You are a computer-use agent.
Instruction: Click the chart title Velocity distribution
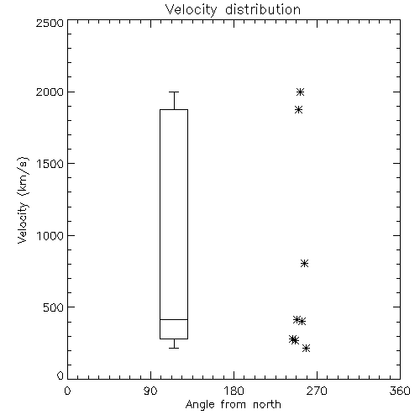[233, 9]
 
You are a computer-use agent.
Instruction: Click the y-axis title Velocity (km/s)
[23, 200]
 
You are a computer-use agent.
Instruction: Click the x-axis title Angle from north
[233, 405]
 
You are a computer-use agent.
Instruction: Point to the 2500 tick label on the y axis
[50, 23]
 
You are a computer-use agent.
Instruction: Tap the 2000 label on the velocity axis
[50, 92]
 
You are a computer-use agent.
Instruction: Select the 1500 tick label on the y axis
[50, 164]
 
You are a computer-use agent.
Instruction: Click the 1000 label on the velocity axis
[50, 236]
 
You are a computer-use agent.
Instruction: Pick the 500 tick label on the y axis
[54, 307]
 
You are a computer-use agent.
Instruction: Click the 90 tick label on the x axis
[150, 391]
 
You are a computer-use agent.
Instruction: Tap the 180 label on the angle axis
[234, 391]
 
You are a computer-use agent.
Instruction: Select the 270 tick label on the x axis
[317, 391]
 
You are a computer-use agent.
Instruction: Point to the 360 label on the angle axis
[400, 391]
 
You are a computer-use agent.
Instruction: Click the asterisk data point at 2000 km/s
[300, 92]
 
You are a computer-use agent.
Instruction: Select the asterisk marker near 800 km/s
[304, 264]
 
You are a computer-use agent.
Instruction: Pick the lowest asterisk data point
[306, 349]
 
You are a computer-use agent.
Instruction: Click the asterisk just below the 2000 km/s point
[298, 110]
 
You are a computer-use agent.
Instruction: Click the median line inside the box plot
[174, 319]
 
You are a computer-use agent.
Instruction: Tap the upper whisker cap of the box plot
[174, 92]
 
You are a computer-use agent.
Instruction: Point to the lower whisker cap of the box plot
[174, 348]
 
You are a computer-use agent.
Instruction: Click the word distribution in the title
[263, 9]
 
